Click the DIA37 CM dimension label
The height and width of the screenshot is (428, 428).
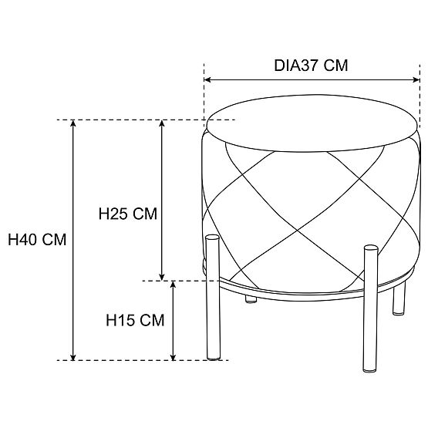[311, 66]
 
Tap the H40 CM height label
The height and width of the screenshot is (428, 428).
[37, 240]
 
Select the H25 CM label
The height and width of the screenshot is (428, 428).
[128, 214]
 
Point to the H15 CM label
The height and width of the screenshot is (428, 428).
[135, 320]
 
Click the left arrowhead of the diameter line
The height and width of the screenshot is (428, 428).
[207, 79]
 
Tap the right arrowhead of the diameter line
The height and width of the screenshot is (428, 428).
[416, 79]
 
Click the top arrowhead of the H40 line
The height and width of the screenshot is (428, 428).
[73, 123]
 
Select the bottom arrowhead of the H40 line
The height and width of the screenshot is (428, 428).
[73, 357]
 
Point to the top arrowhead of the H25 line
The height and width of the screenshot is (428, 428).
[162, 123]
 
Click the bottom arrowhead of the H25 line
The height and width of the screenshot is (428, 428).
[162, 277]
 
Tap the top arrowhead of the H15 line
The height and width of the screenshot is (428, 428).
[173, 285]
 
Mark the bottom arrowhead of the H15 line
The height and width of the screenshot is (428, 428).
[173, 357]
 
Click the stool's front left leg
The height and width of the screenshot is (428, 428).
[213, 298]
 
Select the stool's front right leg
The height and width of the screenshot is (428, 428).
[371, 308]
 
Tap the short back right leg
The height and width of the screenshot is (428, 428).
[399, 299]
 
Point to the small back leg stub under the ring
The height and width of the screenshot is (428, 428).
[251, 299]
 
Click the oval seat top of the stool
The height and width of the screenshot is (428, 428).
[312, 123]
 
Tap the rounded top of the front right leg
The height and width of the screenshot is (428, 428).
[371, 248]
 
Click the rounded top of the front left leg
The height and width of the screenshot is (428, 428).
[212, 238]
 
